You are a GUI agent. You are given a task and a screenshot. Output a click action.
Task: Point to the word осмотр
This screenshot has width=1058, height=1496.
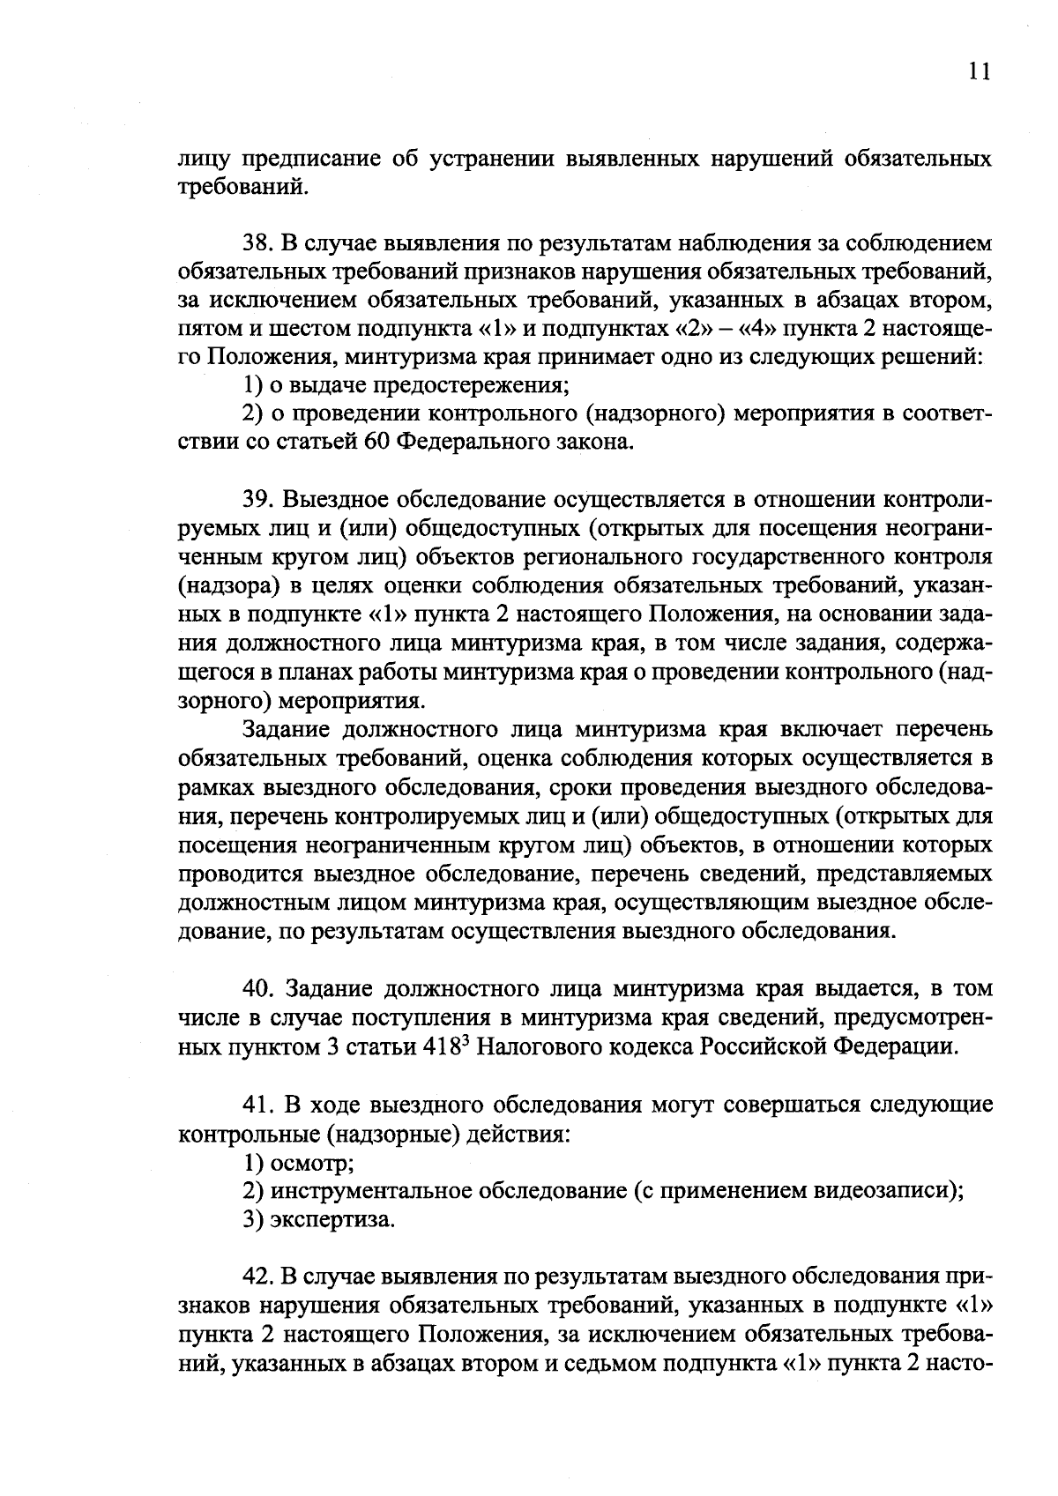pyautogui.click(x=313, y=1163)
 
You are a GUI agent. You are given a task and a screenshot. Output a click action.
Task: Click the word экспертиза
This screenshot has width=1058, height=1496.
pyautogui.click(x=332, y=1220)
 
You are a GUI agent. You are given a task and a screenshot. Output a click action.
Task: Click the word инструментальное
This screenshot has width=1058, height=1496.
pyautogui.click(x=370, y=1191)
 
